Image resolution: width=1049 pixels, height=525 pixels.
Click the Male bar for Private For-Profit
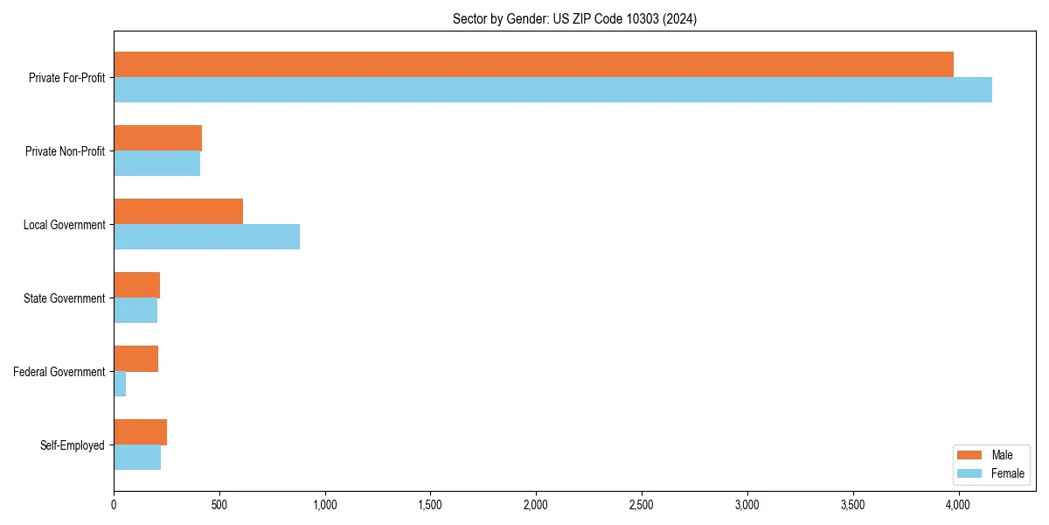(533, 65)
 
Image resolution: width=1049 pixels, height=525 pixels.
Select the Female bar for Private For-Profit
(552, 90)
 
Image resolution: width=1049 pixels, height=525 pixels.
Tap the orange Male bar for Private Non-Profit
(157, 138)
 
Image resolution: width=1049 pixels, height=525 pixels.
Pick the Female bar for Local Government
(206, 237)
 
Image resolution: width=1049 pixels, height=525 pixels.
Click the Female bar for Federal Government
(120, 384)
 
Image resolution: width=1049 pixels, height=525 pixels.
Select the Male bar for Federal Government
(135, 359)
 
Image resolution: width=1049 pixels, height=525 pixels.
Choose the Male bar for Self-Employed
(140, 432)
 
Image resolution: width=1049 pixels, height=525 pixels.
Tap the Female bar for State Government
(135, 311)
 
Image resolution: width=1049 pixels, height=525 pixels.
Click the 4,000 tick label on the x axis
(958, 505)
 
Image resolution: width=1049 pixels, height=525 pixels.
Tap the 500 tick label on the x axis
(219, 505)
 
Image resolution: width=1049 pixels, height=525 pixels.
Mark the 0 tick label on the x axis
(114, 505)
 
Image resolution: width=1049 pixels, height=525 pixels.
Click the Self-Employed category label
(72, 445)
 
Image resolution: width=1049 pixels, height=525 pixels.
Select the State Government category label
(64, 298)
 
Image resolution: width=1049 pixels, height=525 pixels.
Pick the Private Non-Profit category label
(65, 151)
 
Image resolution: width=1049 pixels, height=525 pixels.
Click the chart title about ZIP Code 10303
(574, 18)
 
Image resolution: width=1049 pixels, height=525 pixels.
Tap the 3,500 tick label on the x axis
(852, 505)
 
